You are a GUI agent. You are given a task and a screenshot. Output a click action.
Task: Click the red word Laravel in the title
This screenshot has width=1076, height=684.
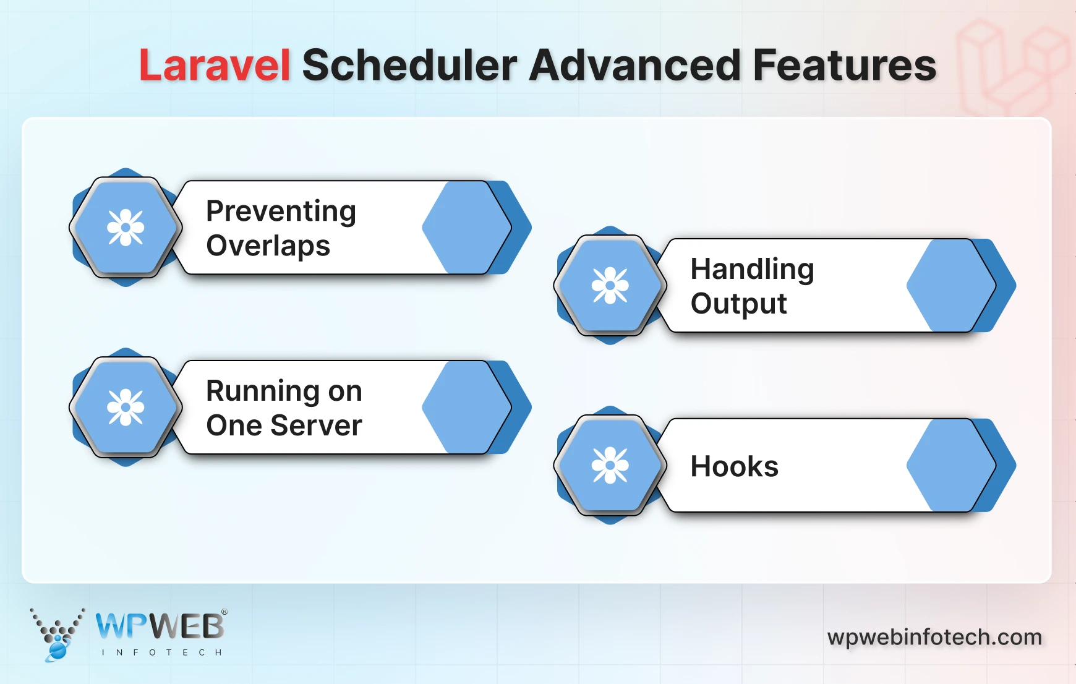(214, 66)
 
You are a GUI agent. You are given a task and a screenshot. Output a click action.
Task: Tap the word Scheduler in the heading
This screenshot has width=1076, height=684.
(409, 66)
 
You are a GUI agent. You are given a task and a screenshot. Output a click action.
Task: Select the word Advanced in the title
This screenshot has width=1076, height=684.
(634, 66)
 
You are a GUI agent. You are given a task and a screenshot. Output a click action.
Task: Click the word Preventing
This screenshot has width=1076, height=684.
(281, 212)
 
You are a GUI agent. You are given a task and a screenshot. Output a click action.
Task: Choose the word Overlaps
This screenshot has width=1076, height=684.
(268, 246)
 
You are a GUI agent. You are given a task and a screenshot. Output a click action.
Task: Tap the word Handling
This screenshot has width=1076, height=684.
(752, 270)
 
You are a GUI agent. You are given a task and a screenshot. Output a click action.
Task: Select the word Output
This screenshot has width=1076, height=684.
(738, 304)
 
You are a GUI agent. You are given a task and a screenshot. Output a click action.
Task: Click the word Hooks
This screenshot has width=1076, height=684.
(734, 467)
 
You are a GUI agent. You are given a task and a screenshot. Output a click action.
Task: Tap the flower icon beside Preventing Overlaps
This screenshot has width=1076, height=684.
(126, 228)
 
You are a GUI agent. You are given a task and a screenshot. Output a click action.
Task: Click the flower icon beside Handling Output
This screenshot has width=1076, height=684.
(610, 285)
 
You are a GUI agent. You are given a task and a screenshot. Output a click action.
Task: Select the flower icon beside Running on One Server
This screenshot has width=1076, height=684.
(126, 408)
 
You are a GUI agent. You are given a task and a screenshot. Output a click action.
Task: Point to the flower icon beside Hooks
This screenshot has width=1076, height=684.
(610, 465)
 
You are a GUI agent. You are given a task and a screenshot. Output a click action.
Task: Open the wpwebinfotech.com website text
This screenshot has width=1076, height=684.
(934, 637)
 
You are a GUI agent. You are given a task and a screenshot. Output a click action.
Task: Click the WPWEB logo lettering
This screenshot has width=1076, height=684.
(160, 626)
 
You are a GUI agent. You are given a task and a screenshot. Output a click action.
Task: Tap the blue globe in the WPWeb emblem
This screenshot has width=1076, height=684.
(58, 649)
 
